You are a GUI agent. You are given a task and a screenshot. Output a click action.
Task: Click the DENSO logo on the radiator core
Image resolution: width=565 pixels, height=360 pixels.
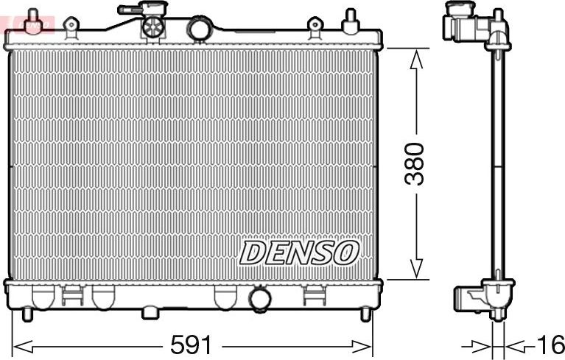point(298,253)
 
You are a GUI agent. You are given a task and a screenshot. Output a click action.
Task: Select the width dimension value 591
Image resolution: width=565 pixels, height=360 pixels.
point(191,345)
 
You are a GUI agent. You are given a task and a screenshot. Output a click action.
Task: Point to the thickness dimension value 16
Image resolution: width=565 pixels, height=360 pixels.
point(549,345)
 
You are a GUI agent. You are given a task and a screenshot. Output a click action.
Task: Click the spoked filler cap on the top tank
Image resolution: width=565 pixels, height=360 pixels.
point(152,27)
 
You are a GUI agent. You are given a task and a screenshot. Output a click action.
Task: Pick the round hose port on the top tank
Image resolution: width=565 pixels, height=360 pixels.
point(200,29)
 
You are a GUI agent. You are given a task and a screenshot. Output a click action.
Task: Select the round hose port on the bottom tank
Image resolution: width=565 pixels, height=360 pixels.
point(259,299)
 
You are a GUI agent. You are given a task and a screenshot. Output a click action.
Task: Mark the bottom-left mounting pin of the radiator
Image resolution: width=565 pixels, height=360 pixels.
point(27,314)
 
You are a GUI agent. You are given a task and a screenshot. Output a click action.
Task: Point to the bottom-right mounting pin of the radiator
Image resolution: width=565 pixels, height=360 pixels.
point(365,314)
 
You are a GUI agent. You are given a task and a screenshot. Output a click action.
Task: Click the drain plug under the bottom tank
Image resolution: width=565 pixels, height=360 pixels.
point(150,313)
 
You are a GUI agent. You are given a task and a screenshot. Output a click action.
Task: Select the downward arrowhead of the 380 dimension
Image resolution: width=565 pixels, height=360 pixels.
point(417,270)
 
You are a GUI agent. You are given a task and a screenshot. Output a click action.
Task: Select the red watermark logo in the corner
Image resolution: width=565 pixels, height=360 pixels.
point(27,24)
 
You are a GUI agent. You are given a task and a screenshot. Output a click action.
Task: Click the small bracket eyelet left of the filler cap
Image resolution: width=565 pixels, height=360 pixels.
point(71,27)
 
